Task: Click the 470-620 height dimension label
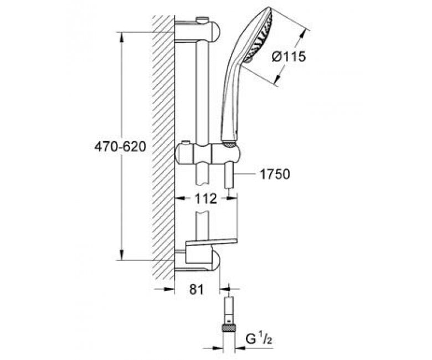click(x=120, y=147)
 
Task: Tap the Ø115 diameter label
click(x=289, y=56)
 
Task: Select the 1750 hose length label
click(x=275, y=174)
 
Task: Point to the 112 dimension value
click(x=206, y=198)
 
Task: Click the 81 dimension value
click(x=197, y=289)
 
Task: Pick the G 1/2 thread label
click(x=259, y=340)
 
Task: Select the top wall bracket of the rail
click(x=197, y=31)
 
